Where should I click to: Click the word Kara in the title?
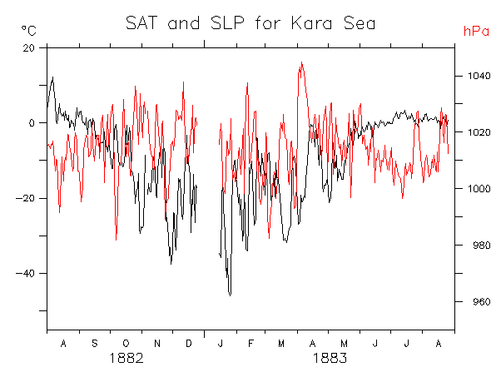point(311,23)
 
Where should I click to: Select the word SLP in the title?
point(227,23)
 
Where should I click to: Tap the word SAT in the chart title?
point(141,23)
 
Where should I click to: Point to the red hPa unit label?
point(476,31)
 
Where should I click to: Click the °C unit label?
point(29,31)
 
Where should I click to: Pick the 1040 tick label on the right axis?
point(479,76)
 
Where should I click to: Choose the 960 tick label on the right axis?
point(482,301)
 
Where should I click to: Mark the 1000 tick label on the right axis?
point(479,188)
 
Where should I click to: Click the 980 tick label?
point(482,245)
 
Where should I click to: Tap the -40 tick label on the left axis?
point(25,274)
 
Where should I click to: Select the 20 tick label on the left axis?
point(28,48)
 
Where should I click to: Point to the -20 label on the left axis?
point(25,198)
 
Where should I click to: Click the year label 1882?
point(126,358)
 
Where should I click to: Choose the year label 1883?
point(330,358)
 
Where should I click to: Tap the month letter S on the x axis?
point(95,344)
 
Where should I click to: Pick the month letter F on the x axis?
point(250,344)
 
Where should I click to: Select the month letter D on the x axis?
point(189,344)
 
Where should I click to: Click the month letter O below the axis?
point(126,344)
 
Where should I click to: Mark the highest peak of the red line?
point(301,62)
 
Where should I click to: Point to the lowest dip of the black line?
point(230,295)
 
